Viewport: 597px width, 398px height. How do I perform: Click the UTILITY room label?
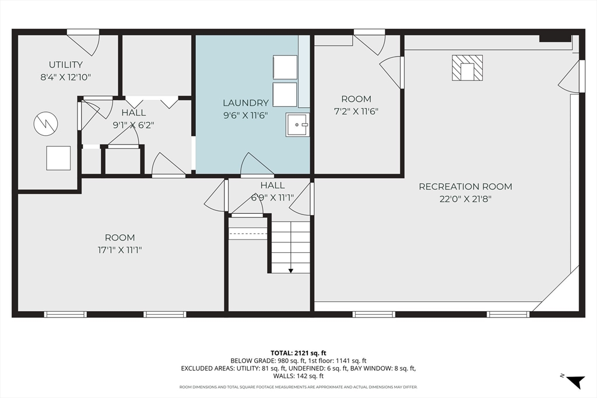click(x=65, y=65)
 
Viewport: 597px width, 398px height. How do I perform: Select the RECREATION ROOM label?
click(x=465, y=186)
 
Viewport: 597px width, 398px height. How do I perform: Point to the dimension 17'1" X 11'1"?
click(x=120, y=250)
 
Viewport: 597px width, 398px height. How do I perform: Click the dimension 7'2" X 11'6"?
click(x=356, y=111)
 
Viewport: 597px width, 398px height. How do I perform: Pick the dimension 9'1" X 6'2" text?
click(x=134, y=124)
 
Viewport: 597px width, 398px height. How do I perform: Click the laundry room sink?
click(x=297, y=125)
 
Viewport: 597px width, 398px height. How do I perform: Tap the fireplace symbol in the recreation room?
click(x=467, y=68)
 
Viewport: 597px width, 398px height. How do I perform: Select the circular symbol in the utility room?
click(x=45, y=124)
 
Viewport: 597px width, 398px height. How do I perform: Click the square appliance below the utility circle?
click(x=58, y=158)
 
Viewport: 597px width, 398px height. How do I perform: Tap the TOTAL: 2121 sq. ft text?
click(x=298, y=353)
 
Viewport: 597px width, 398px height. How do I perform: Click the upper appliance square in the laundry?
click(x=285, y=67)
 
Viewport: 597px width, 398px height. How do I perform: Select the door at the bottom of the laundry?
click(x=257, y=165)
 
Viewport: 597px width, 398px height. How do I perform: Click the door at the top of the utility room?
click(x=83, y=43)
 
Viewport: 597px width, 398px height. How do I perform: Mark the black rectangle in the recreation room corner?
click(x=554, y=39)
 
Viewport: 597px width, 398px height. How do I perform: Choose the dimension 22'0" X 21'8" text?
click(x=465, y=199)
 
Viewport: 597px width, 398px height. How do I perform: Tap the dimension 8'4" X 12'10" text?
click(x=65, y=76)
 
